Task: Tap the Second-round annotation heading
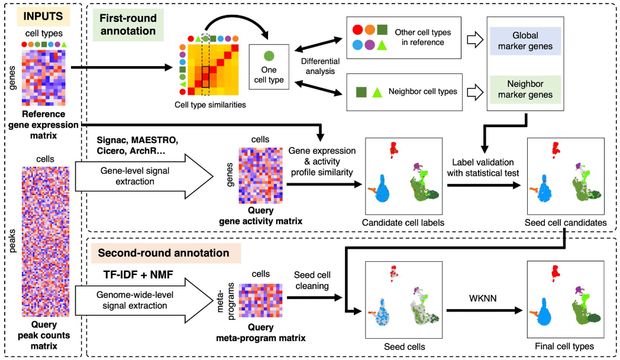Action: tap(163, 254)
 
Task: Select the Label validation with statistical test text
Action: tap(483, 167)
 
